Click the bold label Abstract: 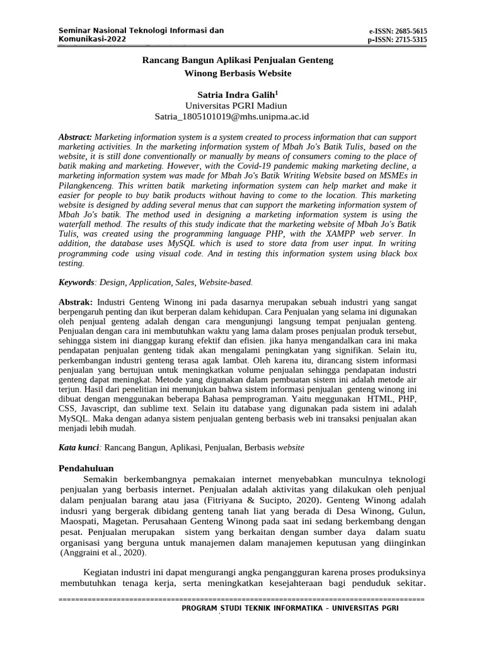point(75,137)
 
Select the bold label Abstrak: point(76,302)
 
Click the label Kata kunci point(79,447)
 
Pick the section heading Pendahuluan point(86,469)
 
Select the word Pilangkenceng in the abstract point(86,187)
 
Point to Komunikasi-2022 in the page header point(92,39)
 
